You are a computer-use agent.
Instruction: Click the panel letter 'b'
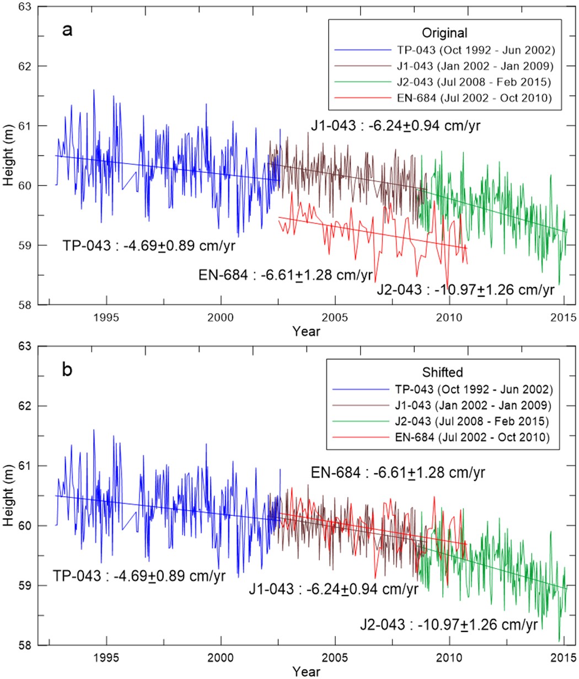[66, 370]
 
